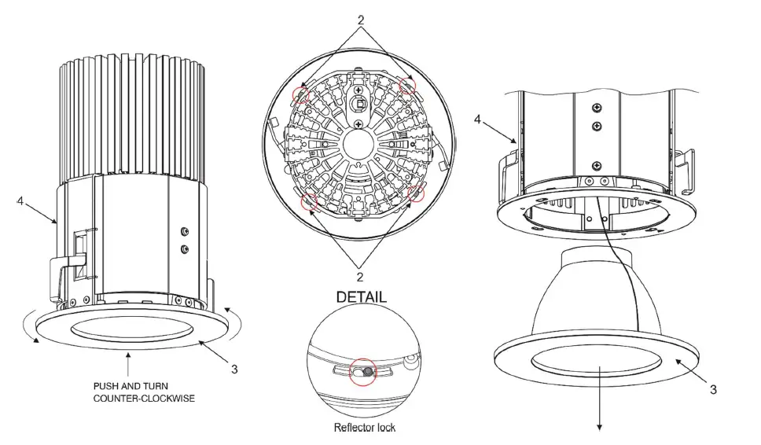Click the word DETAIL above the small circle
(361, 297)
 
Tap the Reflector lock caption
(364, 428)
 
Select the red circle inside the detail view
(362, 372)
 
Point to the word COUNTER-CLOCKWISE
(144, 398)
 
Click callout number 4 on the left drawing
(20, 201)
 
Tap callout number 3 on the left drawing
(233, 367)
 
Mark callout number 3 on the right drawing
(712, 388)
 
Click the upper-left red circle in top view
(300, 95)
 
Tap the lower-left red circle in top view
(310, 202)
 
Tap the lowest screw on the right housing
(597, 165)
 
